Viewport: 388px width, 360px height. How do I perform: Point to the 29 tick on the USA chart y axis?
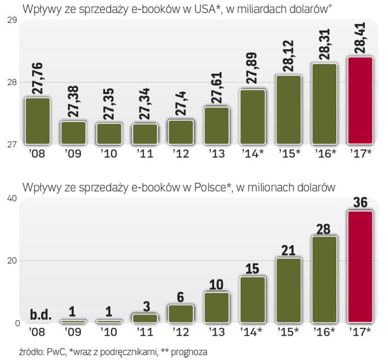11,21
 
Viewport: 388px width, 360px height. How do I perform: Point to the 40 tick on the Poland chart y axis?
11,198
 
